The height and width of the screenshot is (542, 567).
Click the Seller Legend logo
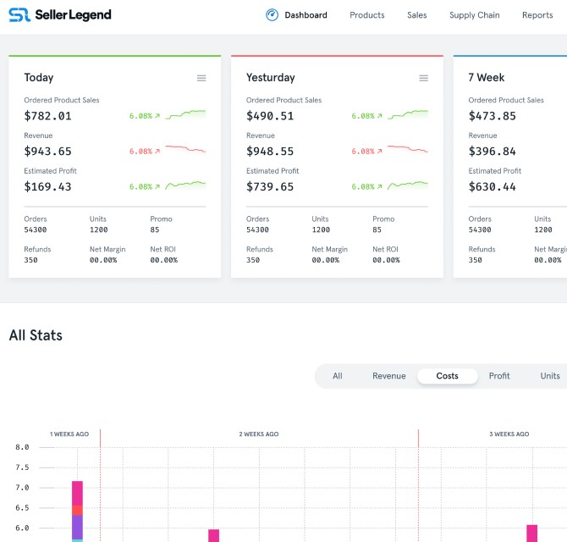pos(59,14)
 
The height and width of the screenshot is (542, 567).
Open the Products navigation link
pos(366,15)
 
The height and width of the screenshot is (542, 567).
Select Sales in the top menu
pos(416,15)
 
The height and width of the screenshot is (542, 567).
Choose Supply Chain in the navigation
pos(474,15)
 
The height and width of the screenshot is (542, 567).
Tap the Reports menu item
pos(537,15)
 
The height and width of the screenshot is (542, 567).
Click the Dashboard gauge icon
pos(272,14)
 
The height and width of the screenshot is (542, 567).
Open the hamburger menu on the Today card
pos(201,78)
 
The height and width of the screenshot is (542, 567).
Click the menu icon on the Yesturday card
pos(423,78)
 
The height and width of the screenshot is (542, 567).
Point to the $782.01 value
pos(47,116)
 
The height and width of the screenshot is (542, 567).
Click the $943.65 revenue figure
pos(47,152)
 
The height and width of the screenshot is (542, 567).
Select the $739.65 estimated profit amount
pos(270,187)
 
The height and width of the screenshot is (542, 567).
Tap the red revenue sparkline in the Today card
pos(185,149)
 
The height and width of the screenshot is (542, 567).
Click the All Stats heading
pos(36,335)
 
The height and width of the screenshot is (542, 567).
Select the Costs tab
pos(447,376)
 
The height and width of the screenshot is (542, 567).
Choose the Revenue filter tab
pos(388,376)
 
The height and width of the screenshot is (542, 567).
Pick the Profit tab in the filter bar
pos(499,376)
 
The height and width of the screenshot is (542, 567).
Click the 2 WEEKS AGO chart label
pos(258,434)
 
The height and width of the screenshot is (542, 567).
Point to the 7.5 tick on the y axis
pos(22,467)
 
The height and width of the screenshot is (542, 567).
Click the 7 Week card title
pos(486,78)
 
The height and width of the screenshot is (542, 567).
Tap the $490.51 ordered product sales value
pos(270,116)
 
